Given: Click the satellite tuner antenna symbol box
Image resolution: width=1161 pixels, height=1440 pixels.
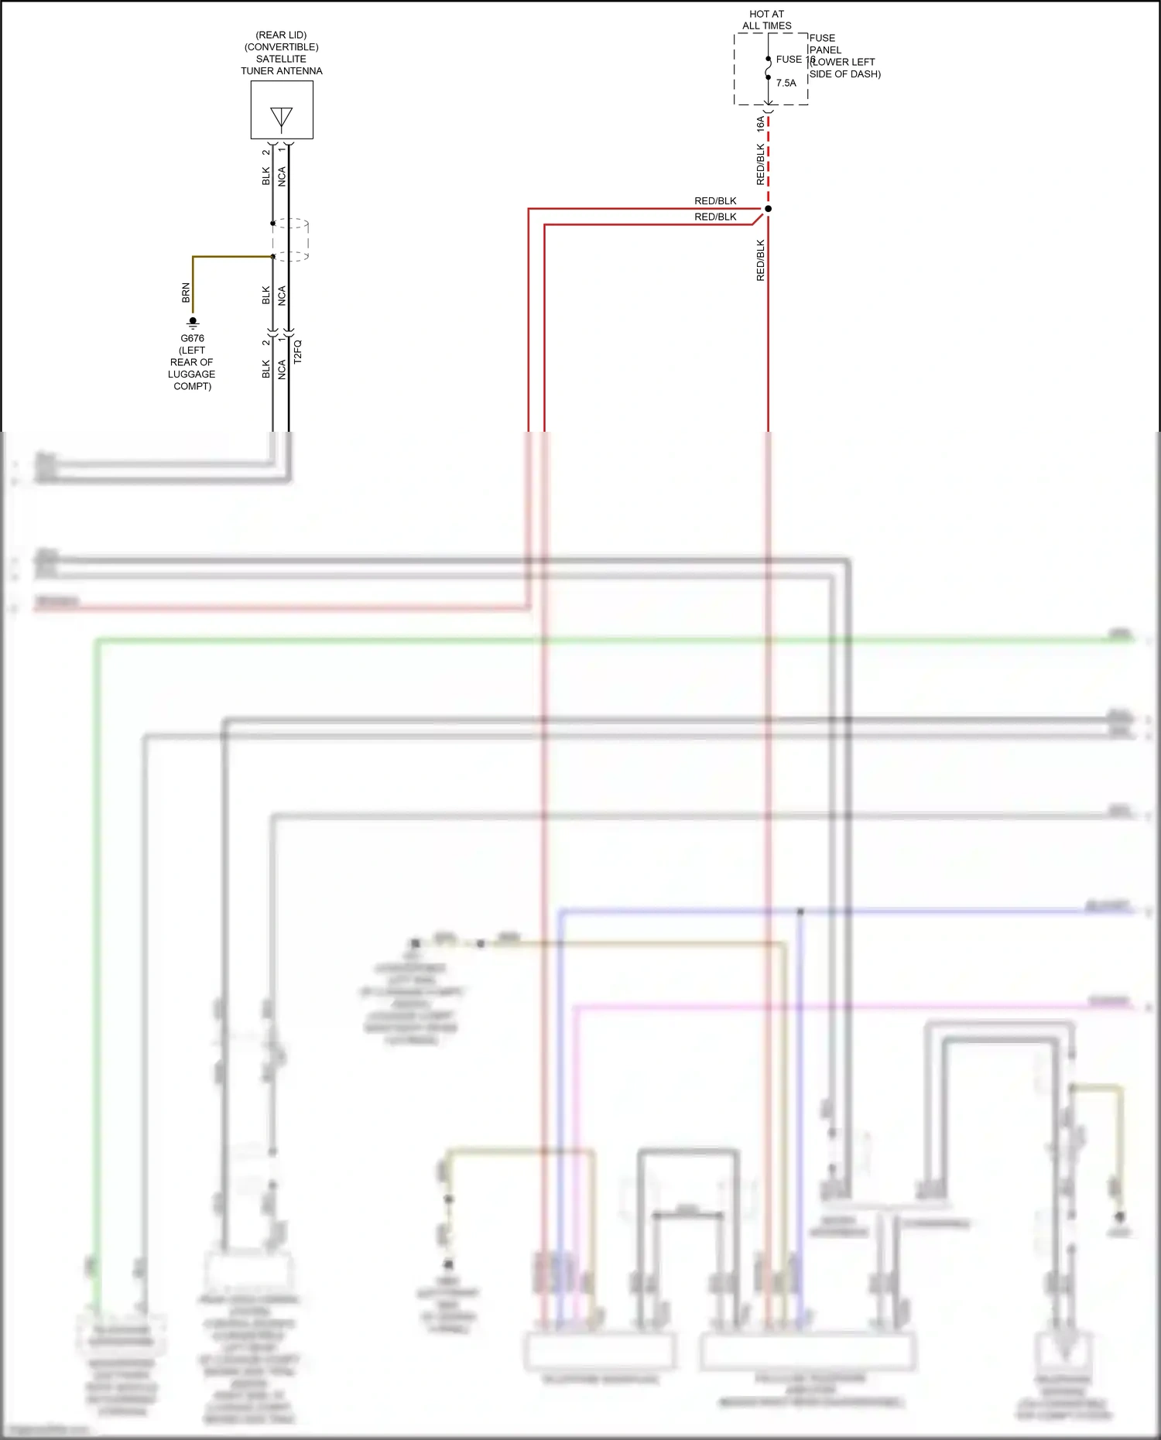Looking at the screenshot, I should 282,110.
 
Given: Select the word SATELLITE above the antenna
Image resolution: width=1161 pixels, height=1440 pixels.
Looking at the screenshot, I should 281,59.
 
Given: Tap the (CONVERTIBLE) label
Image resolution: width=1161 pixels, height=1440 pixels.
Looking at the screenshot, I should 281,47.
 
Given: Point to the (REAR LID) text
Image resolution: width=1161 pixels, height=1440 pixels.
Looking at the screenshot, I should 281,35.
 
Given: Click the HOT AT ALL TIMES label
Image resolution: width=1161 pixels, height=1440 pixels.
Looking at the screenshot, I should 766,19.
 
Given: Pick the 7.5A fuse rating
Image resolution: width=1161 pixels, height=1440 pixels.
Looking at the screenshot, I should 786,83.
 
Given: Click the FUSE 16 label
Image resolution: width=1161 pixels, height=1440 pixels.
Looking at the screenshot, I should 793,60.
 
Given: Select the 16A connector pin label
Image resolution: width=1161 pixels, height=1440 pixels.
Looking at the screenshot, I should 760,123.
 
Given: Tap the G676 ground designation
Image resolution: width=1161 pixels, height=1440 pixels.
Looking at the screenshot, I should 192,338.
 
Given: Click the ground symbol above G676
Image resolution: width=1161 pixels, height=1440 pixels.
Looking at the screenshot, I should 193,322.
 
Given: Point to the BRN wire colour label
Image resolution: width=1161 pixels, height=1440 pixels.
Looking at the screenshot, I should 186,292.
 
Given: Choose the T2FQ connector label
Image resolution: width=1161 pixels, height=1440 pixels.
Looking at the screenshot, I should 297,351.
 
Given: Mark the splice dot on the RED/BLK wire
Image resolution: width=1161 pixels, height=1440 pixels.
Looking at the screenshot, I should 768,209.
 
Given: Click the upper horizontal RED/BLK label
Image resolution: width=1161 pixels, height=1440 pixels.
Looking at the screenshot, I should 715,201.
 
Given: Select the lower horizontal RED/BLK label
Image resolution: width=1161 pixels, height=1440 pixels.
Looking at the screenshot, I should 715,217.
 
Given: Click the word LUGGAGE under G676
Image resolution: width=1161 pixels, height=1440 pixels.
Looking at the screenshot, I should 191,375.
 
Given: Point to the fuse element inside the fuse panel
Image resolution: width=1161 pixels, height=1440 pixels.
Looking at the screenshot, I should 768,68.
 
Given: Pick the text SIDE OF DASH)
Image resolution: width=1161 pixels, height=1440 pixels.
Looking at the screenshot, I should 844,74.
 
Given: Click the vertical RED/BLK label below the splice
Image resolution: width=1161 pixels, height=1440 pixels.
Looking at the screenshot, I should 760,260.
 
